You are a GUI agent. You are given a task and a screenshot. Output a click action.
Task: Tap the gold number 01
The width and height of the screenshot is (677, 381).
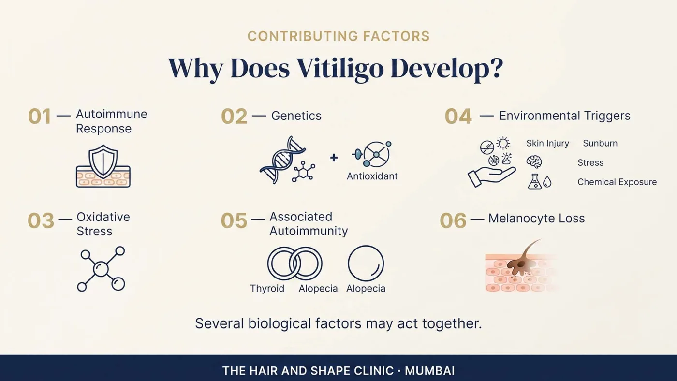tap(39, 117)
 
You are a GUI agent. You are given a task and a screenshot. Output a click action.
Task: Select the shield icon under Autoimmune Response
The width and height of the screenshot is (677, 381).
tap(103, 161)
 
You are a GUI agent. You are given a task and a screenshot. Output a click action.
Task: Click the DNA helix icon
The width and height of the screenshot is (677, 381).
tap(282, 160)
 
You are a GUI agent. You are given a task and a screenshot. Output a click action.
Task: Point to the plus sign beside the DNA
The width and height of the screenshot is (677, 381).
tap(334, 158)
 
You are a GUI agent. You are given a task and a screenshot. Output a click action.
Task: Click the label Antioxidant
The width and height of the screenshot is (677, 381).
tap(372, 176)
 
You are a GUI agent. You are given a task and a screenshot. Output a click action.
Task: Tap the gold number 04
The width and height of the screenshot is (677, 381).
tap(458, 117)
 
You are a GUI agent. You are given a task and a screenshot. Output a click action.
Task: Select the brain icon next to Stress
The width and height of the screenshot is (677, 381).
tap(534, 162)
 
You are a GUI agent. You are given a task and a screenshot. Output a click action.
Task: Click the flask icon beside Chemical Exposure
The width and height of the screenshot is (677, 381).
tap(535, 182)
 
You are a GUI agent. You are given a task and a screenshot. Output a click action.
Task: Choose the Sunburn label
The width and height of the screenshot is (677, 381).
tap(600, 143)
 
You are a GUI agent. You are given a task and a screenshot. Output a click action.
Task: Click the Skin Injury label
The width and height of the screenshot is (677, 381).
tap(547, 143)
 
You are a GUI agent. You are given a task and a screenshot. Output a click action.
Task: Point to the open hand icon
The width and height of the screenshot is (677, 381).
tap(491, 177)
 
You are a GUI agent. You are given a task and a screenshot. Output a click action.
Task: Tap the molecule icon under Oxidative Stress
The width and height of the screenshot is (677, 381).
tap(101, 269)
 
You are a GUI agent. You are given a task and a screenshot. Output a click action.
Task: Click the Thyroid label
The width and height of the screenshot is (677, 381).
tap(267, 289)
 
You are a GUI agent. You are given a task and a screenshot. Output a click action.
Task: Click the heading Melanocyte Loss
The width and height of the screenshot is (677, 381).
tap(536, 218)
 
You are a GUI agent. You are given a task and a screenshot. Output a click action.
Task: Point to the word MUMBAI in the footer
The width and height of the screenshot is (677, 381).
tap(429, 371)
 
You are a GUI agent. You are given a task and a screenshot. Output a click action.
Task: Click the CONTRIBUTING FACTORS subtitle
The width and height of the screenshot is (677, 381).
tap(338, 36)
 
